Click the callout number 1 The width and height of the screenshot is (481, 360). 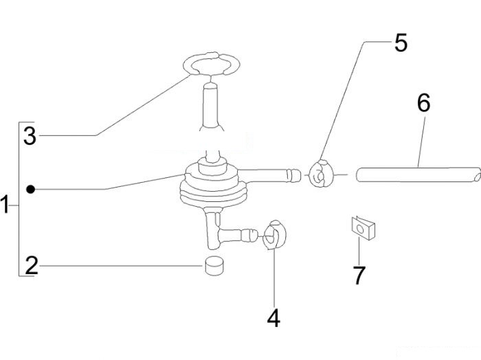5,204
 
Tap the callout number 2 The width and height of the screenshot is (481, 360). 32,265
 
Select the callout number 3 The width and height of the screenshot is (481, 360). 30,136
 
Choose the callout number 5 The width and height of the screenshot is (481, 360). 401,43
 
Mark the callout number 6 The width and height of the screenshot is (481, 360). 424,103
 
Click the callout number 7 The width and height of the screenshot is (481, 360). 359,275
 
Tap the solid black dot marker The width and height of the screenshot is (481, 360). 30,190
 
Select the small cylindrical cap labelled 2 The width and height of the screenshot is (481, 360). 214,266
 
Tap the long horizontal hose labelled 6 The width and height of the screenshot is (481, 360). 417,175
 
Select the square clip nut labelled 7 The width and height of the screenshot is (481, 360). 363,228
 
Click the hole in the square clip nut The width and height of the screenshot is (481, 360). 361,229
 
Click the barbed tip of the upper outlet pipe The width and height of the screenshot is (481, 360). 293,175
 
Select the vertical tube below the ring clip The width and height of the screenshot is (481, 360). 211,106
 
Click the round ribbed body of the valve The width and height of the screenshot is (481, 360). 213,185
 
